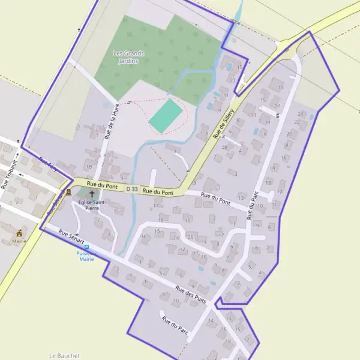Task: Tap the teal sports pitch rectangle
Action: (166, 116)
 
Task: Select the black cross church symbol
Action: (92, 194)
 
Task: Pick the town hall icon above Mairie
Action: (20, 233)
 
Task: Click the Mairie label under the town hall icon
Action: (19, 241)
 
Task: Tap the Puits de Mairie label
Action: (87, 256)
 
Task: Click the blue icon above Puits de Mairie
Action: (87, 247)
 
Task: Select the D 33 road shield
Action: (133, 189)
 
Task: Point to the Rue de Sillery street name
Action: (223, 124)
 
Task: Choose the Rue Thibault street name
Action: (11, 173)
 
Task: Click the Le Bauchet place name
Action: (64, 355)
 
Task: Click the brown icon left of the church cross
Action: (68, 192)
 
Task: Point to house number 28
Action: (224, 147)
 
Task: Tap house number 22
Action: (296, 122)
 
